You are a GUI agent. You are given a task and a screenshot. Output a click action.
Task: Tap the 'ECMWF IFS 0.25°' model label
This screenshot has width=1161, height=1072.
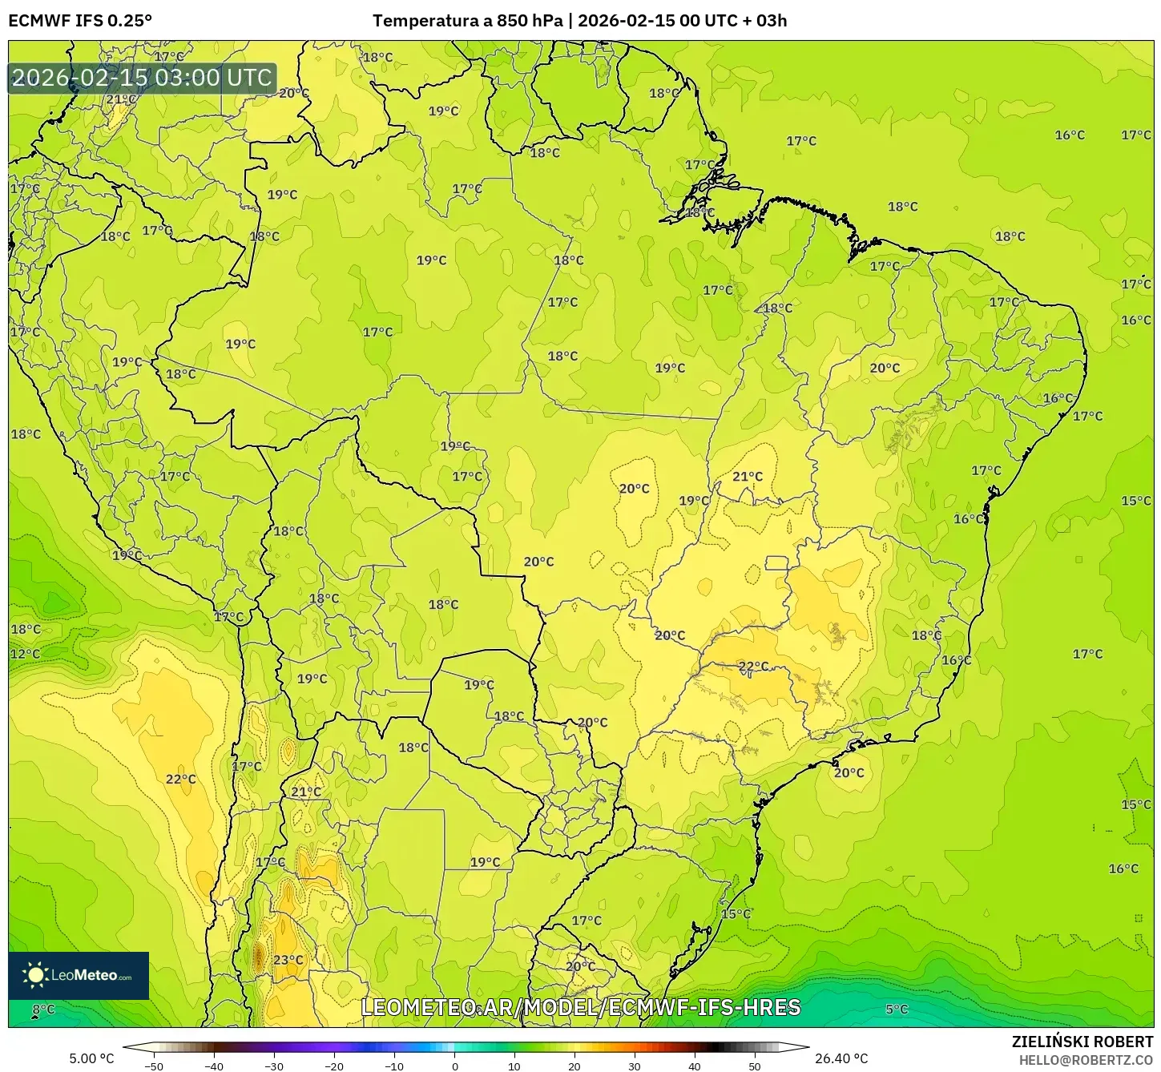pyautogui.click(x=80, y=21)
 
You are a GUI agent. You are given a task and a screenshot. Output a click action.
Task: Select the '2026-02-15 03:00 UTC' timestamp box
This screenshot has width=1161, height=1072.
pyautogui.click(x=142, y=79)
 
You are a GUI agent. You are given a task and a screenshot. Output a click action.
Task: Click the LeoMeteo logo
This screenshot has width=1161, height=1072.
pyautogui.click(x=79, y=975)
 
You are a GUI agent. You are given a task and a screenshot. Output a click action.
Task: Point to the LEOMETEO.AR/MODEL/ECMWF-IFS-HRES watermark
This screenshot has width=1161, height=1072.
pyautogui.click(x=581, y=1007)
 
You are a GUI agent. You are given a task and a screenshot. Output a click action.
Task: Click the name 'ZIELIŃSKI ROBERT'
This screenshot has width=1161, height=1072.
pyautogui.click(x=1082, y=1042)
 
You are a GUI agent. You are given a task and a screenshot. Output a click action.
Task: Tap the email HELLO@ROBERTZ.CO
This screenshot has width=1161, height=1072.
pyautogui.click(x=1085, y=1059)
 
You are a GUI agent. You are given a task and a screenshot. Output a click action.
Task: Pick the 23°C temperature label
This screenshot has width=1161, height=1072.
pyautogui.click(x=288, y=960)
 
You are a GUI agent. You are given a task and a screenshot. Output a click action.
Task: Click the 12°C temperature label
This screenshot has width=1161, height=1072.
pyautogui.click(x=25, y=654)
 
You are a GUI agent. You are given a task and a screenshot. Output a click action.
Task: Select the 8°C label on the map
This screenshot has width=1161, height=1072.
pyautogui.click(x=43, y=1010)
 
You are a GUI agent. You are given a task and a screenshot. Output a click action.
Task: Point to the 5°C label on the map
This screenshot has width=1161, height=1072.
pyautogui.click(x=897, y=1010)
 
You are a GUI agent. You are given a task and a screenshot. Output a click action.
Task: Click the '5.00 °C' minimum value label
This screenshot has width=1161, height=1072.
pyautogui.click(x=91, y=1058)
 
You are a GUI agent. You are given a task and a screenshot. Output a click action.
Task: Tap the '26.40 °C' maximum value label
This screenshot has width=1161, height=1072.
pyautogui.click(x=841, y=1058)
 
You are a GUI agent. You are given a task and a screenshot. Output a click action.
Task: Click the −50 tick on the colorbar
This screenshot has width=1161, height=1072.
pyautogui.click(x=153, y=1066)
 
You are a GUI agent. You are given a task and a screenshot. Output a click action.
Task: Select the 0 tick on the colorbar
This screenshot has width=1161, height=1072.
pyautogui.click(x=454, y=1066)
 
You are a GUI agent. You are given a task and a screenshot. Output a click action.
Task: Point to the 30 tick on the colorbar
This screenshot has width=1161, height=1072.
pyautogui.click(x=635, y=1066)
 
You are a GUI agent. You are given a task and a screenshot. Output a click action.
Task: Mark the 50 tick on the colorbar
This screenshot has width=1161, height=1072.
pyautogui.click(x=755, y=1066)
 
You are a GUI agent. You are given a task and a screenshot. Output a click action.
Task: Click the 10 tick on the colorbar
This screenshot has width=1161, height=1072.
pyautogui.click(x=514, y=1066)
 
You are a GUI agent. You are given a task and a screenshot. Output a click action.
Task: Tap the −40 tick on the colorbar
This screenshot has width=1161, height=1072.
pyautogui.click(x=213, y=1066)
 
